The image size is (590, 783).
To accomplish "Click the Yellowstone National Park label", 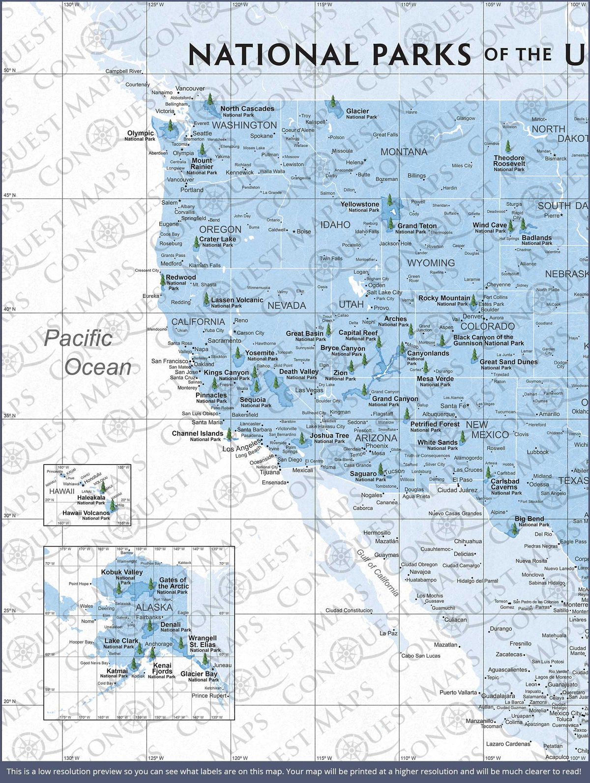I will coord(360,206).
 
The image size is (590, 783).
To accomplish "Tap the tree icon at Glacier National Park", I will coord(333,102).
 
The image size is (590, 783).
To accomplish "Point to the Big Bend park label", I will coord(530,521).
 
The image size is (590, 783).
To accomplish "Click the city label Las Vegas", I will coord(309,390).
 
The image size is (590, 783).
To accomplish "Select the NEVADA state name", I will coord(287,305).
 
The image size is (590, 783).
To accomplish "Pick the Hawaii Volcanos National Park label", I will coord(86,515).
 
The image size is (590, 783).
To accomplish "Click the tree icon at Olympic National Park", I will coord(171,125).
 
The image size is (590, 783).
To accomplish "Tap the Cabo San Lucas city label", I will coord(421,656).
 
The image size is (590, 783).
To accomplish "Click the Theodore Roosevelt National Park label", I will coord(509,163).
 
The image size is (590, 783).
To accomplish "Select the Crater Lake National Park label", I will coord(217,241).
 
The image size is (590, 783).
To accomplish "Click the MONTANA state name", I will coord(404,152).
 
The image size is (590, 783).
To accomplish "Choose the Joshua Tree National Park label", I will coord(329,437).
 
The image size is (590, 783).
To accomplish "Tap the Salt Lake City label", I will coord(384,292).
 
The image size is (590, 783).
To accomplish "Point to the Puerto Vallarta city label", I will coord(458,693).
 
